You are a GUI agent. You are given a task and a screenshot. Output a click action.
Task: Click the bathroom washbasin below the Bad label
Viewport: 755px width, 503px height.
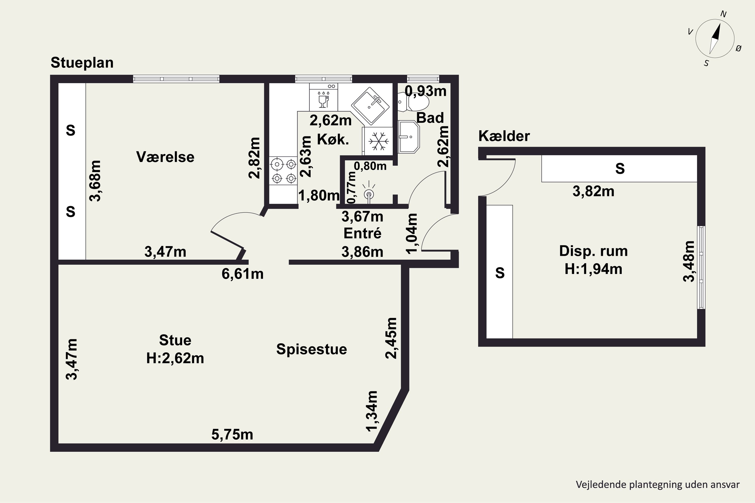408,137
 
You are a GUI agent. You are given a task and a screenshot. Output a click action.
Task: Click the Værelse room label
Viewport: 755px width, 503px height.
165,157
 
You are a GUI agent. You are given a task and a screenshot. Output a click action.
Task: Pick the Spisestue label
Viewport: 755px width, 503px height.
311,349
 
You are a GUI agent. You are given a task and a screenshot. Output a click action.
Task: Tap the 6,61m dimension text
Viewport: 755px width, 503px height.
242,274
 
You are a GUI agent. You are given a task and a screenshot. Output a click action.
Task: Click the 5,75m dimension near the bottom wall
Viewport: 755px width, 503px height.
232,435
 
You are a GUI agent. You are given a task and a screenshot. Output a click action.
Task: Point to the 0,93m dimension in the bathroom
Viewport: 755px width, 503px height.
425,91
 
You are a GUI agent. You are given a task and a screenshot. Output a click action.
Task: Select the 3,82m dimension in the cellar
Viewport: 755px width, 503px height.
593,191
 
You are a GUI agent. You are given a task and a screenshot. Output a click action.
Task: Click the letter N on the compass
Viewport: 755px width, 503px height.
723,14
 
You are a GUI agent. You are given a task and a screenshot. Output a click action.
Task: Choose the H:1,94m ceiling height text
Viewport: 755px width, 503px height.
593,269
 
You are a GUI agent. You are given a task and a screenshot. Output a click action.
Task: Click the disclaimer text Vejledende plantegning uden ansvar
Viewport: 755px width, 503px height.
657,484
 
